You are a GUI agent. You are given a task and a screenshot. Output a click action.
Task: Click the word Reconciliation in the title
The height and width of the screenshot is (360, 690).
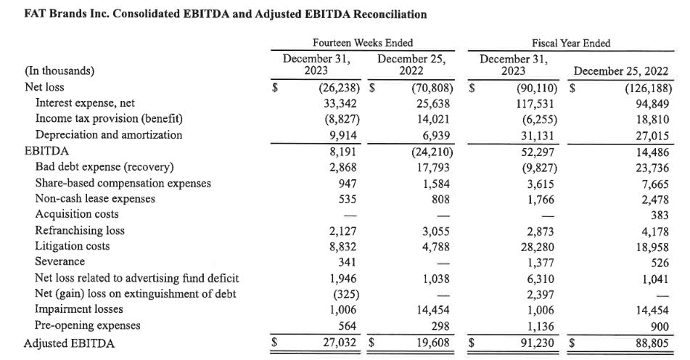pos(390,15)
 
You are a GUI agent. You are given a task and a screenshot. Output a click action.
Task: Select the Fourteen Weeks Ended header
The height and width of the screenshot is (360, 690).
pos(363,43)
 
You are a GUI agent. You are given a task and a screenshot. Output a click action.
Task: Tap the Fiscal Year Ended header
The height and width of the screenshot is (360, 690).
pos(571,43)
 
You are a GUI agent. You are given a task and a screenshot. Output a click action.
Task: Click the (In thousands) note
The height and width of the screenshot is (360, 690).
pos(59,71)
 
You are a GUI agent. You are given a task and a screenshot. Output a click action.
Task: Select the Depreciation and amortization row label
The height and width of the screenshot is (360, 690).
pos(109,135)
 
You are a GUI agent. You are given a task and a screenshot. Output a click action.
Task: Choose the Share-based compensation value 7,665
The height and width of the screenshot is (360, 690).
pos(655,184)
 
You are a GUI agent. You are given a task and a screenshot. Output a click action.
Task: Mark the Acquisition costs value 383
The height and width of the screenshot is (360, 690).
pos(660,216)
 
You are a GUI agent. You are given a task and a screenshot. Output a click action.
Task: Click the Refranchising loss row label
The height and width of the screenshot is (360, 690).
pos(80,230)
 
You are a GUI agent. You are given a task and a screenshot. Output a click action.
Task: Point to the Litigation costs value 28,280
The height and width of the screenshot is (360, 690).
pos(538,247)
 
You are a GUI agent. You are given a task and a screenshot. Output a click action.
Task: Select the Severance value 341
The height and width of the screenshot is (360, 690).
pos(348,262)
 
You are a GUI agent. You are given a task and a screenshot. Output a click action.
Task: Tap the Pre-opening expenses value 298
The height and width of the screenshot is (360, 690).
pos(440,326)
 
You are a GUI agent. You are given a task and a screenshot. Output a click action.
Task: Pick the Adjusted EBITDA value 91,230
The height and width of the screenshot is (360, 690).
pos(538,343)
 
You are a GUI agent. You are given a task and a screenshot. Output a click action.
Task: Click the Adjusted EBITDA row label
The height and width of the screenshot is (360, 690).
pos(69,343)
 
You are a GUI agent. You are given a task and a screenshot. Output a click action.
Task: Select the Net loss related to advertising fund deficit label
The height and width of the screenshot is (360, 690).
pos(137,278)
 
